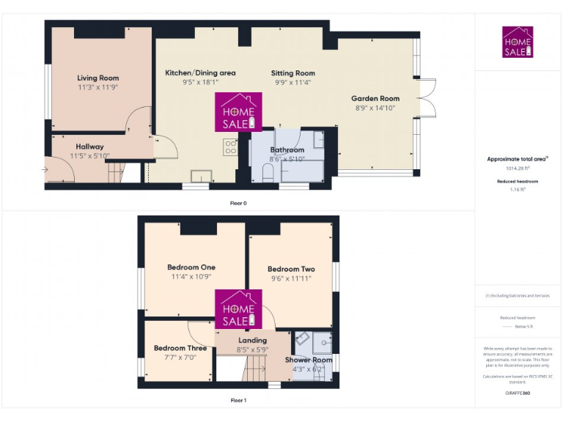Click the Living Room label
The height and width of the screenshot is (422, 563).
pos(97,78)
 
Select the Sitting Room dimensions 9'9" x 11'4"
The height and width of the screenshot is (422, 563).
pos(292,83)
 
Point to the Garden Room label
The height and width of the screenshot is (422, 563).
pos(375,98)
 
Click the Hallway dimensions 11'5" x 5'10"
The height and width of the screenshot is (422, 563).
pos(89,156)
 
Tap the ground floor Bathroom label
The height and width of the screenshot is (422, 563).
pos(287,149)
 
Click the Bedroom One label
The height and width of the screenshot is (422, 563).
pos(191,267)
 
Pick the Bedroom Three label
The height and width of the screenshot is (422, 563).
pos(180,348)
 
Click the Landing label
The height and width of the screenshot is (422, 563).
pos(253,341)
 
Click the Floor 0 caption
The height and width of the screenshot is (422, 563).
pos(238,202)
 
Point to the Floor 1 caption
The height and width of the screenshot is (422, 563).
pos(238,400)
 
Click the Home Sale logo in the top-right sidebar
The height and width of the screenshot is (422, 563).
pos(518,42)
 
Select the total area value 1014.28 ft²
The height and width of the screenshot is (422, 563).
pos(518,168)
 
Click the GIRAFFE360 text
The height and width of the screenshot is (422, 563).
pos(518,393)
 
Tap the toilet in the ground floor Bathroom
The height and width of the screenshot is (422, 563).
pos(268,173)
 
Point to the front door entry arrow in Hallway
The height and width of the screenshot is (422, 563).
pos(47,170)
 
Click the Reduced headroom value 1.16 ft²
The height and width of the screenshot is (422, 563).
pos(518,189)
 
